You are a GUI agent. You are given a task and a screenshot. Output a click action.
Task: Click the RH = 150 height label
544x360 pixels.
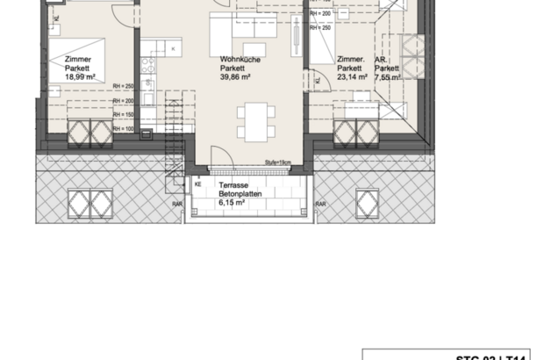point(123,114)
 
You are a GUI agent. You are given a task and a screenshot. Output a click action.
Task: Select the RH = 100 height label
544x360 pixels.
point(123,128)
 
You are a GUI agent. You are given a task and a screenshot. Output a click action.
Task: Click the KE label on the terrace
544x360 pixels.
point(198,184)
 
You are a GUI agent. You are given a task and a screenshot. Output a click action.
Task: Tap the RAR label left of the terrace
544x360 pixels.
point(178,204)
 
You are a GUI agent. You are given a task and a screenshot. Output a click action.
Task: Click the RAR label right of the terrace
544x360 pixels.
point(320,204)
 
